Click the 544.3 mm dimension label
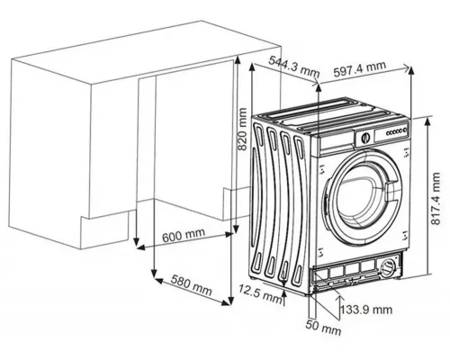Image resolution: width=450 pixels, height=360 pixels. click(293, 68)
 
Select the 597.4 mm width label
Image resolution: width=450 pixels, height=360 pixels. click(360, 69)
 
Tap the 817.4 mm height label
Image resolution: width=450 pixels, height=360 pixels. click(436, 198)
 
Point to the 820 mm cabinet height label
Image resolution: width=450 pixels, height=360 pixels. click(242, 129)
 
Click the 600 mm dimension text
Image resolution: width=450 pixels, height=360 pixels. click(184, 235)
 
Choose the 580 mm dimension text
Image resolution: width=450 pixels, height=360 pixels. click(191, 284)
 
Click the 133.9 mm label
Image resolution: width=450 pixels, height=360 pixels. click(366, 310)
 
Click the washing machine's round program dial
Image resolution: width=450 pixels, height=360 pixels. click(365, 138)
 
